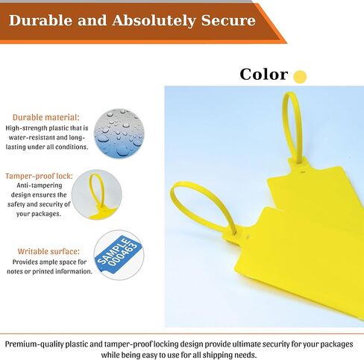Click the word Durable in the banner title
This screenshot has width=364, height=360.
click(40, 20)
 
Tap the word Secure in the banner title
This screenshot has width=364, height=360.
click(228, 20)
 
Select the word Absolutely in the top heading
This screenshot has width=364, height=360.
click(154, 21)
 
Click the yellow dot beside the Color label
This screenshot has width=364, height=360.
click(300, 77)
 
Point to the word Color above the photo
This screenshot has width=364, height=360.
click(264, 75)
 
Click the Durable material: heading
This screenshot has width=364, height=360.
click(46, 117)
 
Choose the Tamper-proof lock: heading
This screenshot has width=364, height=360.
click(39, 176)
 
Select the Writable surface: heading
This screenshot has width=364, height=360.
click(48, 251)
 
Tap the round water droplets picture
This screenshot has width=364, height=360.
click(119, 133)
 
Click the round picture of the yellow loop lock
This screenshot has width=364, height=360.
click(97, 195)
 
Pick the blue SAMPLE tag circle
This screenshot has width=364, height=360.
click(119, 255)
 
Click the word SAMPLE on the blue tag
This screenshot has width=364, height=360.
click(113, 250)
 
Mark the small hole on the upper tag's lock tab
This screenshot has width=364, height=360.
click(303, 171)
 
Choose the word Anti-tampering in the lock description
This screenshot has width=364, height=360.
click(40, 186)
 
